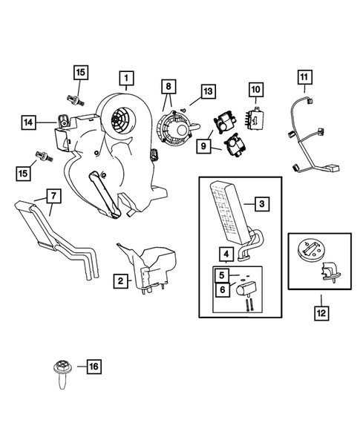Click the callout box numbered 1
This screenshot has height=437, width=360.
[x=127, y=79]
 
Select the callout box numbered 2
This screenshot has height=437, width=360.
[x=120, y=280]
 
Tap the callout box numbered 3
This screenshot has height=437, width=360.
[x=262, y=204]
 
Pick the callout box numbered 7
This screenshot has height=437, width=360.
[x=54, y=196]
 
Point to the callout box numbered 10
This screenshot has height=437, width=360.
[x=256, y=90]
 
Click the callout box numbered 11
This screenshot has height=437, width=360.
[x=304, y=77]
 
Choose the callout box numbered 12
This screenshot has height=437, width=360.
[x=321, y=313]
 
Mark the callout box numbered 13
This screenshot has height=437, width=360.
[x=208, y=91]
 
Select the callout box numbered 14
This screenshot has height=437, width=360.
[x=29, y=122]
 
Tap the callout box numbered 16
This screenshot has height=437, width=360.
[x=94, y=367]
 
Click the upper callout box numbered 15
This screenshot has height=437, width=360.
[x=81, y=73]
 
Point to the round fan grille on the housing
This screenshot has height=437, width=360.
[x=120, y=119]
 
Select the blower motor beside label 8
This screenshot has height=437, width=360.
[x=177, y=128]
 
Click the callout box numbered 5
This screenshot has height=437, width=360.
[x=222, y=275]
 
